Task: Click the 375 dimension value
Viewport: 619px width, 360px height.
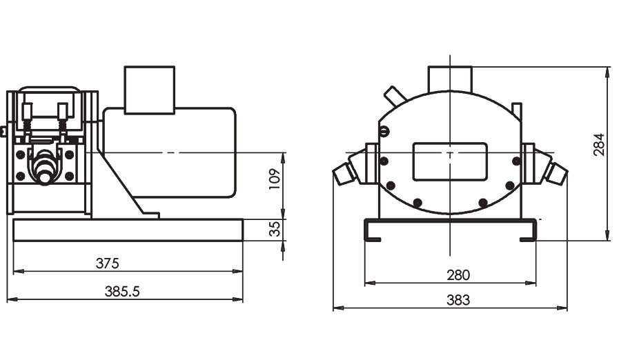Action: coord(108,263)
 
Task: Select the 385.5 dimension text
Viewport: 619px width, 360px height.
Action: coord(122,291)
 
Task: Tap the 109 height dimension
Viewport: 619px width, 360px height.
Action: coord(275,179)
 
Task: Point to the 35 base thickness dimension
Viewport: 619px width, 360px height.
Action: coord(275,229)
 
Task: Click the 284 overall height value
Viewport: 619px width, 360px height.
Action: coord(599,145)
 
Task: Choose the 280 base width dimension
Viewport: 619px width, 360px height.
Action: coord(458,274)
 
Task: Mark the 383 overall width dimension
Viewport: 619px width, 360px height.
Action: coord(458,300)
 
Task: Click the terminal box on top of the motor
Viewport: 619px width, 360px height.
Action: coord(150,90)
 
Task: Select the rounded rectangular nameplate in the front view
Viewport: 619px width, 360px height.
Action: coord(450,161)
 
